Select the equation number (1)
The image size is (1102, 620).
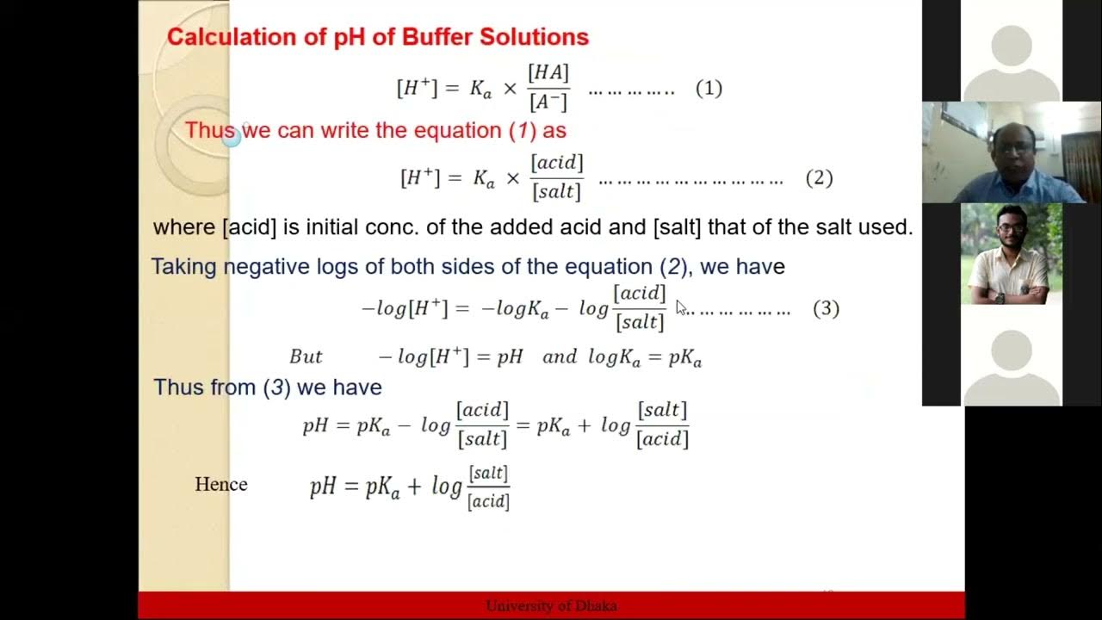coord(709,88)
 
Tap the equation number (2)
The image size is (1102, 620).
coord(819,177)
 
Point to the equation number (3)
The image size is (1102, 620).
coord(826,308)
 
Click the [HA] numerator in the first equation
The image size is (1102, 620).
coord(548,73)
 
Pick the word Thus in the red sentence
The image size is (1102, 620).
coord(210,130)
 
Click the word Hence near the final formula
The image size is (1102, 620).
coord(221,484)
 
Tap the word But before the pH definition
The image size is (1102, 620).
coord(306,356)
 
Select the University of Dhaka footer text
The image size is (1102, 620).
coord(551,605)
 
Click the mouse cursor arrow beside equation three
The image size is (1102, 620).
coord(680,307)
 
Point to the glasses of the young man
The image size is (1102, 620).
coord(1009,230)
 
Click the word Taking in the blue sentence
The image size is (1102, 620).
coord(183,267)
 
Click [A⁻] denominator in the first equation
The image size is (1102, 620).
coord(548,102)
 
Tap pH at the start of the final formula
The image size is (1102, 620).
coord(323,487)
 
